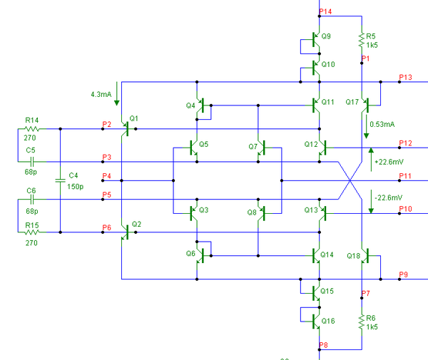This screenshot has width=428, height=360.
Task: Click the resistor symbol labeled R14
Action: click(32, 129)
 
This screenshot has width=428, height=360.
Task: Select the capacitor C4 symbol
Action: click(61, 180)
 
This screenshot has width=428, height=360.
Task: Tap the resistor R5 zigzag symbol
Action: click(362, 40)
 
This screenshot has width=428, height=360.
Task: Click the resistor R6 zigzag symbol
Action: click(362, 322)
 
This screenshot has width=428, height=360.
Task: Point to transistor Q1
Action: click(126, 129)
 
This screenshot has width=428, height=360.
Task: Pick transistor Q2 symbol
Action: click(126, 232)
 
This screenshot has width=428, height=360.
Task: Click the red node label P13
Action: click(405, 78)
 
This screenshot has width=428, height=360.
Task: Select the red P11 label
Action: click(405, 176)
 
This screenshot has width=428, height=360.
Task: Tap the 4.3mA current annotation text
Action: click(101, 94)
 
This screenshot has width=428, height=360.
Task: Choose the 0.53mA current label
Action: click(382, 124)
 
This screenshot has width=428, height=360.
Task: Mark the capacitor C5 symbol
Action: click(32, 162)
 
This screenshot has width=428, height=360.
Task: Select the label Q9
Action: click(326, 36)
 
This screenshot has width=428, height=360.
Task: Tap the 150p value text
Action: click(76, 187)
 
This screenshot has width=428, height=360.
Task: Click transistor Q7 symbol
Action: click(262, 148)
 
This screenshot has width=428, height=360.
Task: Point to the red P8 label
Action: click(323, 345)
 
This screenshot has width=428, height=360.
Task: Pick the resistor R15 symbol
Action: click(32, 232)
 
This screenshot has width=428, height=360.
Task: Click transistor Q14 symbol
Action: click(316, 256)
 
